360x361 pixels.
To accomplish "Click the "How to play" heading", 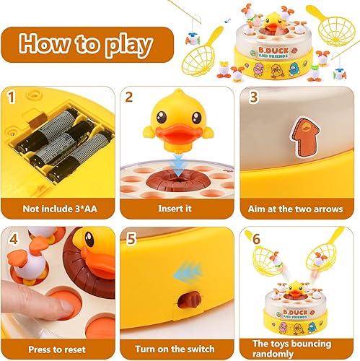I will point(87,44).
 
